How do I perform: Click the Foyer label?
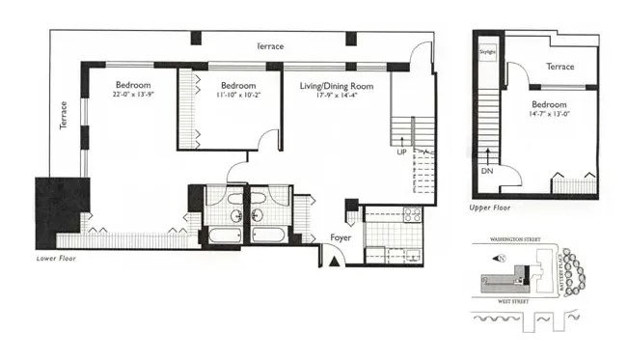340,236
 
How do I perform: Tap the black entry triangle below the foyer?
333,258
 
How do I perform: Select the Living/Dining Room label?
337,86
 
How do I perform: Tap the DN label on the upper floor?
486,172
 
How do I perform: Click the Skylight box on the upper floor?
487,49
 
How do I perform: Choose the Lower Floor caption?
55,259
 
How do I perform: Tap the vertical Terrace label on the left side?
64,120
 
